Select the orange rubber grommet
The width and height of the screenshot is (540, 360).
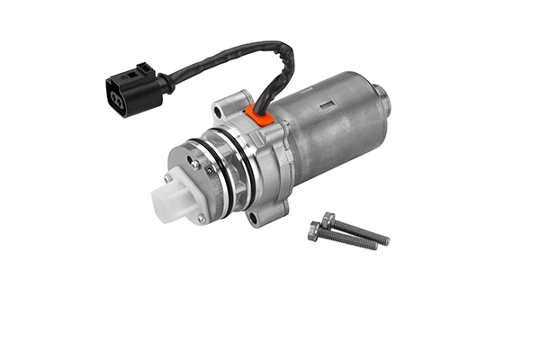(x=259, y=114)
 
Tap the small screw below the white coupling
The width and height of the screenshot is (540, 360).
(x=201, y=218)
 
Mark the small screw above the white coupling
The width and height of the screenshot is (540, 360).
(x=195, y=165)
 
